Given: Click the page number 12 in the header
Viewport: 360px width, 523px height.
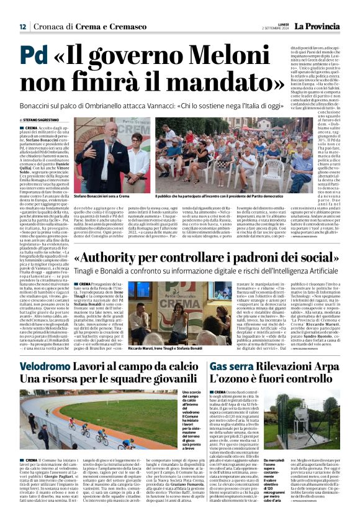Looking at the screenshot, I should (x=22, y=26).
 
